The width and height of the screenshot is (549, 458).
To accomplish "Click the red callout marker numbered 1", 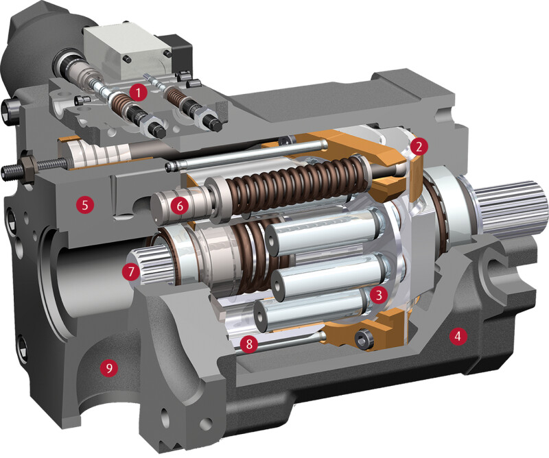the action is [x=138, y=93].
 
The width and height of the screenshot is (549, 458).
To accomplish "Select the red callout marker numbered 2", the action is [x=419, y=147].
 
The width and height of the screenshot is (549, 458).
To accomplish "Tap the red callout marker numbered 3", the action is [x=378, y=295].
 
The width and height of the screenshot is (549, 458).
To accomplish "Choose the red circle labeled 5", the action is [x=84, y=205].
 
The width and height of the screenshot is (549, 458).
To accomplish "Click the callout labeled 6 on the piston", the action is [x=180, y=206].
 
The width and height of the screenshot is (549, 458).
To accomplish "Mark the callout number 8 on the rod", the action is [x=249, y=344].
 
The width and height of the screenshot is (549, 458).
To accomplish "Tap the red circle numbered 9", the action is [x=109, y=367].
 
